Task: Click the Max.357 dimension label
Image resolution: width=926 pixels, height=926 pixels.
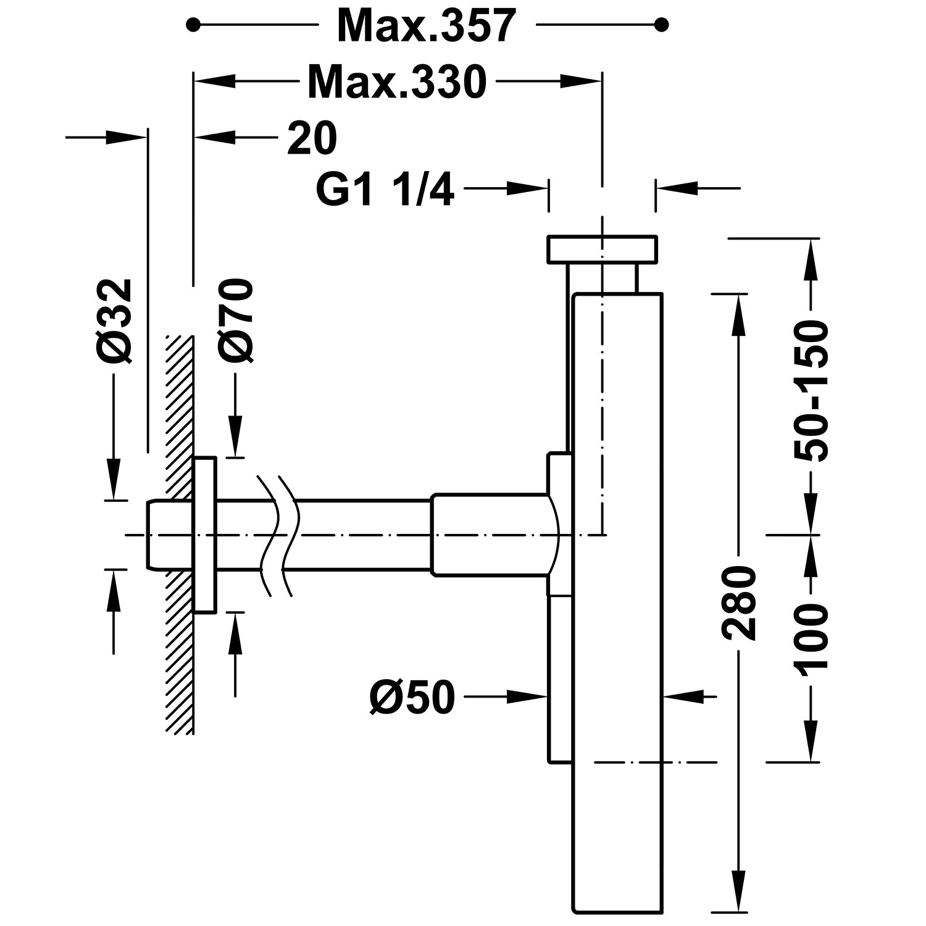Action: (x=426, y=26)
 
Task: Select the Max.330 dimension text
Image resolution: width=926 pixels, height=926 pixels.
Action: (x=397, y=82)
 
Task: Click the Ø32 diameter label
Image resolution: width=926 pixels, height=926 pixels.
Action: (x=114, y=320)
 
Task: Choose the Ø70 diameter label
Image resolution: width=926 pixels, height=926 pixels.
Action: (x=235, y=320)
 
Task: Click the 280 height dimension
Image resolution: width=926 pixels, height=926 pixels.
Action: (x=738, y=602)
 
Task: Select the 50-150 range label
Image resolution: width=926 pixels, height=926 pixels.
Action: (x=809, y=390)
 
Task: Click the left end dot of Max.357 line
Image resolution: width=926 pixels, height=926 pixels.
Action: (x=194, y=25)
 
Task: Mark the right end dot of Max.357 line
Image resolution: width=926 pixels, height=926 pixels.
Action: (x=662, y=25)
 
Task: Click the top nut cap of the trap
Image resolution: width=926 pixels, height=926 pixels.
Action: (x=602, y=249)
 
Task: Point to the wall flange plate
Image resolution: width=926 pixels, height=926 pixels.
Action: (x=204, y=535)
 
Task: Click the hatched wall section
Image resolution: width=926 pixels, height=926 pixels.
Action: (x=179, y=535)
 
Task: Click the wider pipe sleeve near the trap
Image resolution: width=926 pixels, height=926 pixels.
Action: (x=490, y=535)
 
